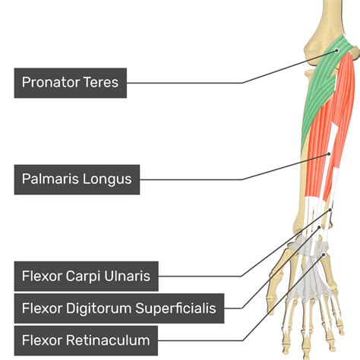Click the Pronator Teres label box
pyautogui.click(x=71, y=81)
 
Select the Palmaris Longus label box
pyautogui.click(x=77, y=179)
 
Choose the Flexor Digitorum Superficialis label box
pyautogui.click(x=118, y=308)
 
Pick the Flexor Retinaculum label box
pyautogui.click(x=86, y=339)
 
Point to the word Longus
pyautogui.click(x=109, y=179)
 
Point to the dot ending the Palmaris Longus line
pyautogui.click(x=329, y=154)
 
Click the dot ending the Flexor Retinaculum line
pyautogui.click(x=324, y=255)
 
